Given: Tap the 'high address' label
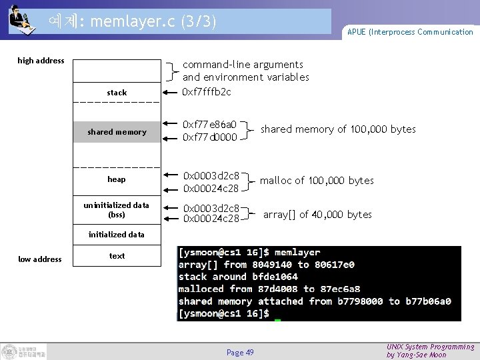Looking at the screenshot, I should point(41,61).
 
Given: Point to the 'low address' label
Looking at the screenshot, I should point(40,259).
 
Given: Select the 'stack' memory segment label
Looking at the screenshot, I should point(117,92).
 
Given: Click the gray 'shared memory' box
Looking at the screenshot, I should point(117,132).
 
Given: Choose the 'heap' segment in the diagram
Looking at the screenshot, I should point(117,179).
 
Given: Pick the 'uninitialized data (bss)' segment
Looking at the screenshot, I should point(117,209).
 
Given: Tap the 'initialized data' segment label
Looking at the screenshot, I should point(117,235).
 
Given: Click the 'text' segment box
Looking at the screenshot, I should point(117,256).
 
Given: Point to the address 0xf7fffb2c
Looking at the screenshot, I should point(207,91).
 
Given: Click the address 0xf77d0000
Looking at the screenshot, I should point(210,137).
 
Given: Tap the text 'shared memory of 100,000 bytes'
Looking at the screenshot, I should point(338,129).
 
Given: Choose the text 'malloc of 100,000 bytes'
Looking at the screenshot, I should point(317,181).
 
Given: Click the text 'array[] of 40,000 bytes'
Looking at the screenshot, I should point(317,215).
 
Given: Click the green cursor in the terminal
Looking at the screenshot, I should point(278,321).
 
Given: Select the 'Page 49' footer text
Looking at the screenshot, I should point(240,352).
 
